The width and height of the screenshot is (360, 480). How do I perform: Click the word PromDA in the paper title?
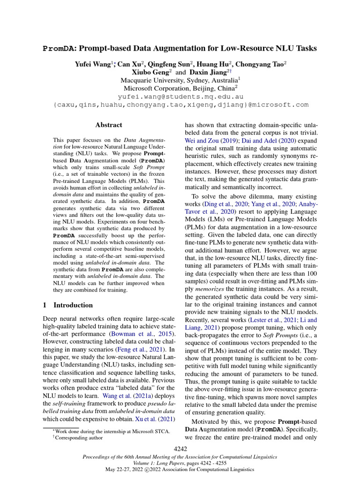tap(60, 48)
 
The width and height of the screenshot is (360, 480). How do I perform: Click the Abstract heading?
tap(108, 125)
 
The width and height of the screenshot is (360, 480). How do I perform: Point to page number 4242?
tap(180, 449)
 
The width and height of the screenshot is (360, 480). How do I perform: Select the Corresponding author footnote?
tap(79, 438)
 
